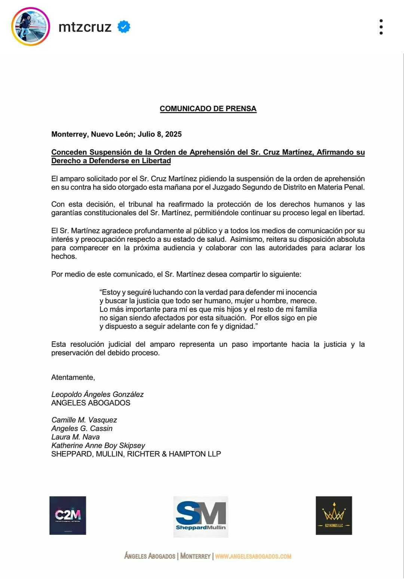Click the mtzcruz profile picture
point(31,27)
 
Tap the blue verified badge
point(124,27)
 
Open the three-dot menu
point(381,27)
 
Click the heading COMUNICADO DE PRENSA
point(208,109)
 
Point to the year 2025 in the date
point(173,134)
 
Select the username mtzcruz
point(85,27)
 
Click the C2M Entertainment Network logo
point(68,515)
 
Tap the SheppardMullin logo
point(201,517)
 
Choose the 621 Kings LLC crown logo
point(334,515)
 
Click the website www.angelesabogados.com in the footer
point(253,556)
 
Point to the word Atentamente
point(73,378)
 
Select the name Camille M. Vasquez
point(84,420)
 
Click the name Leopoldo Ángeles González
point(97,394)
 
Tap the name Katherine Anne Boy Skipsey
point(98,446)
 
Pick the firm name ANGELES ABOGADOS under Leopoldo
point(91,403)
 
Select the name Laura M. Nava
point(76,437)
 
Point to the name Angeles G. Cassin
point(82,428)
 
